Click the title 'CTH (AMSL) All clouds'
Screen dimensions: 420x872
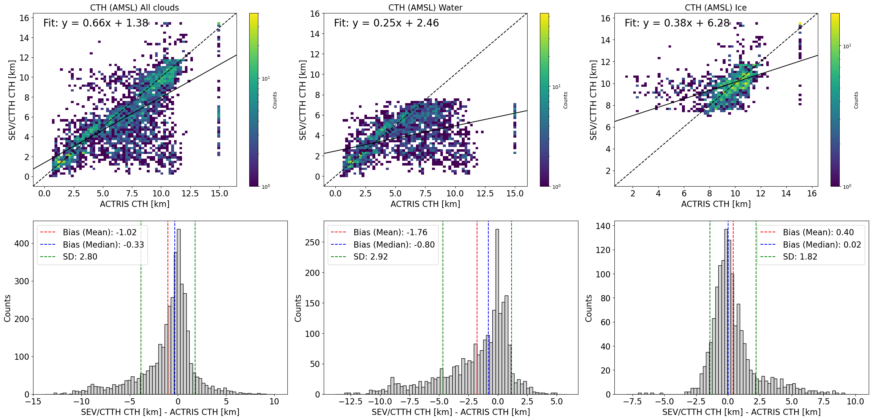[134, 8]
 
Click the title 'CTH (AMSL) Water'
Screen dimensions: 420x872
[425, 8]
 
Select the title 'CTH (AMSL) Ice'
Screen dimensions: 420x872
[716, 8]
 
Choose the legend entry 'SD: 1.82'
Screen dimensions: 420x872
[800, 257]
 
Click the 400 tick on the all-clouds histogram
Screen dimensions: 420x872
[21, 244]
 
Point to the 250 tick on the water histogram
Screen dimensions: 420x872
[312, 242]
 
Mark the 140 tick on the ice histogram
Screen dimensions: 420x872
[603, 226]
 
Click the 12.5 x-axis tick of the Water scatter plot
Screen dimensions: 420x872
[485, 193]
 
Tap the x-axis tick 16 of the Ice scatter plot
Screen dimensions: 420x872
[812, 193]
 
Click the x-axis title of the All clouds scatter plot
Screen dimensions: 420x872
[134, 204]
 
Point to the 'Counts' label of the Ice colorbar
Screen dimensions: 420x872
[856, 100]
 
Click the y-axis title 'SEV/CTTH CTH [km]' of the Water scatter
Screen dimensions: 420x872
[303, 100]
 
